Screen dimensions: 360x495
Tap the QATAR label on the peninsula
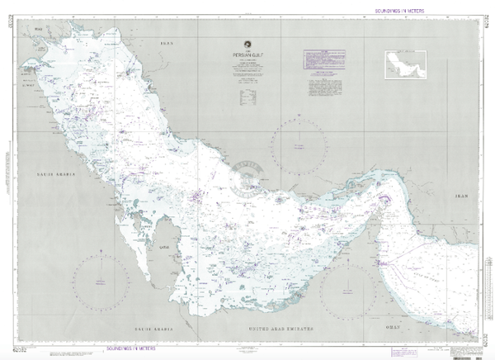coord(163,246)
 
